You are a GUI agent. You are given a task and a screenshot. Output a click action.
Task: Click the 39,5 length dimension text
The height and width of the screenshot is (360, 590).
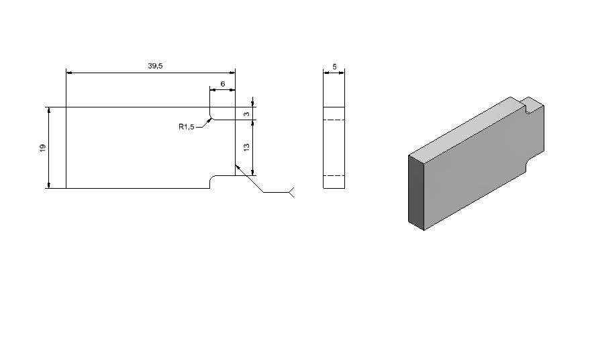(155, 66)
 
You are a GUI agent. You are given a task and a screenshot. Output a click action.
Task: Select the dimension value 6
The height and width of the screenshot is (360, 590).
(223, 84)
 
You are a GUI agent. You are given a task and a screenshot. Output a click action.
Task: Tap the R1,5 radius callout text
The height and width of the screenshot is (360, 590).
(186, 127)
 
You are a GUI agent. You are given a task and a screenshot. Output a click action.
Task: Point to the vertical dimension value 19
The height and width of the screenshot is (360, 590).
(42, 148)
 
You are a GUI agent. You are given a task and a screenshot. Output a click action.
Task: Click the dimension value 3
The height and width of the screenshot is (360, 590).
(247, 114)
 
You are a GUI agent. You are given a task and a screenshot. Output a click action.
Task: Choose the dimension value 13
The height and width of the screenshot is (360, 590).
(247, 148)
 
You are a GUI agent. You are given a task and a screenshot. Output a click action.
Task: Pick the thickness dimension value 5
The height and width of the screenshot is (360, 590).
(334, 67)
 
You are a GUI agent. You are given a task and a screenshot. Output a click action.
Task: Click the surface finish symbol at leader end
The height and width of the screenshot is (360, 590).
(291, 192)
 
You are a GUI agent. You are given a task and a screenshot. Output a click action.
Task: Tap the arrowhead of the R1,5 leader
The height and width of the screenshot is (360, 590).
(209, 120)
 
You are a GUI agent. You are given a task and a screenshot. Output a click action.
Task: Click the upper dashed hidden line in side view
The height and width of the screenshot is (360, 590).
(334, 120)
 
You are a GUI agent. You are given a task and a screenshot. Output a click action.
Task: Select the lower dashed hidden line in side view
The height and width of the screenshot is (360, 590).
(334, 176)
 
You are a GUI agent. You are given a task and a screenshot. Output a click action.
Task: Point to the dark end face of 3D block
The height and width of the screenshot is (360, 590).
(416, 193)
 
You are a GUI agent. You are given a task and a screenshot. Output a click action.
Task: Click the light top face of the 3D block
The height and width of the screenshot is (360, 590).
(466, 126)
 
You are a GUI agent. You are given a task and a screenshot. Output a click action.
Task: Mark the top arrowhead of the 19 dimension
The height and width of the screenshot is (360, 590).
(48, 110)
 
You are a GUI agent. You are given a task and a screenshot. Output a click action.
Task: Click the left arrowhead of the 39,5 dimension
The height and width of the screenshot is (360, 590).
(69, 73)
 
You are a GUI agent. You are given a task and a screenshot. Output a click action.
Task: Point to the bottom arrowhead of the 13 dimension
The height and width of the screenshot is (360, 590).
(252, 173)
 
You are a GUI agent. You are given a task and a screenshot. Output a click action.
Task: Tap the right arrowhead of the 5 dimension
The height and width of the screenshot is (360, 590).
(342, 73)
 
